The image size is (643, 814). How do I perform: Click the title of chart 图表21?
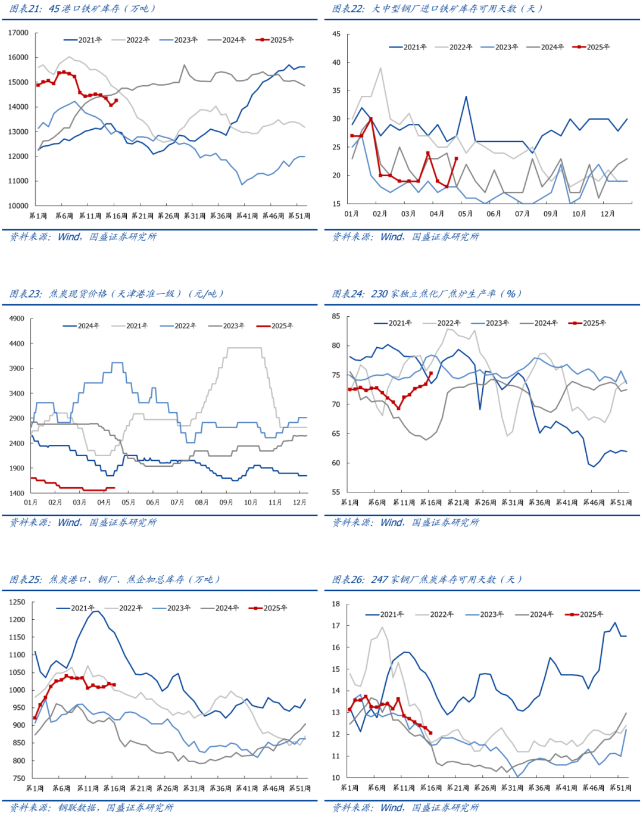(83, 8)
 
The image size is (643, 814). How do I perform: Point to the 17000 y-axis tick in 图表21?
(18, 33)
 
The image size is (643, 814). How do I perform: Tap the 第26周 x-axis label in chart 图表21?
(168, 216)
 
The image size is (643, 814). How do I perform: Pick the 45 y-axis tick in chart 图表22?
(336, 35)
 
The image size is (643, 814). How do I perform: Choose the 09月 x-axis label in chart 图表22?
(550, 214)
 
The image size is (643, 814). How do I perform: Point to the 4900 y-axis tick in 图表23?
(17, 319)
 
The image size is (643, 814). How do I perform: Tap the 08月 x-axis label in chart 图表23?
(202, 503)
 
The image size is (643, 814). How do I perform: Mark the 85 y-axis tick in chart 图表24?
(336, 317)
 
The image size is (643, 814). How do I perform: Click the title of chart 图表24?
(427, 294)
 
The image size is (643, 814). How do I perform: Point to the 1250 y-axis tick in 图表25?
(17, 603)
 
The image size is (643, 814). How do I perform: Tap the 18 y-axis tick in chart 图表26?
(336, 604)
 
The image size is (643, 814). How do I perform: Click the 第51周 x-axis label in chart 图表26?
(620, 788)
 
